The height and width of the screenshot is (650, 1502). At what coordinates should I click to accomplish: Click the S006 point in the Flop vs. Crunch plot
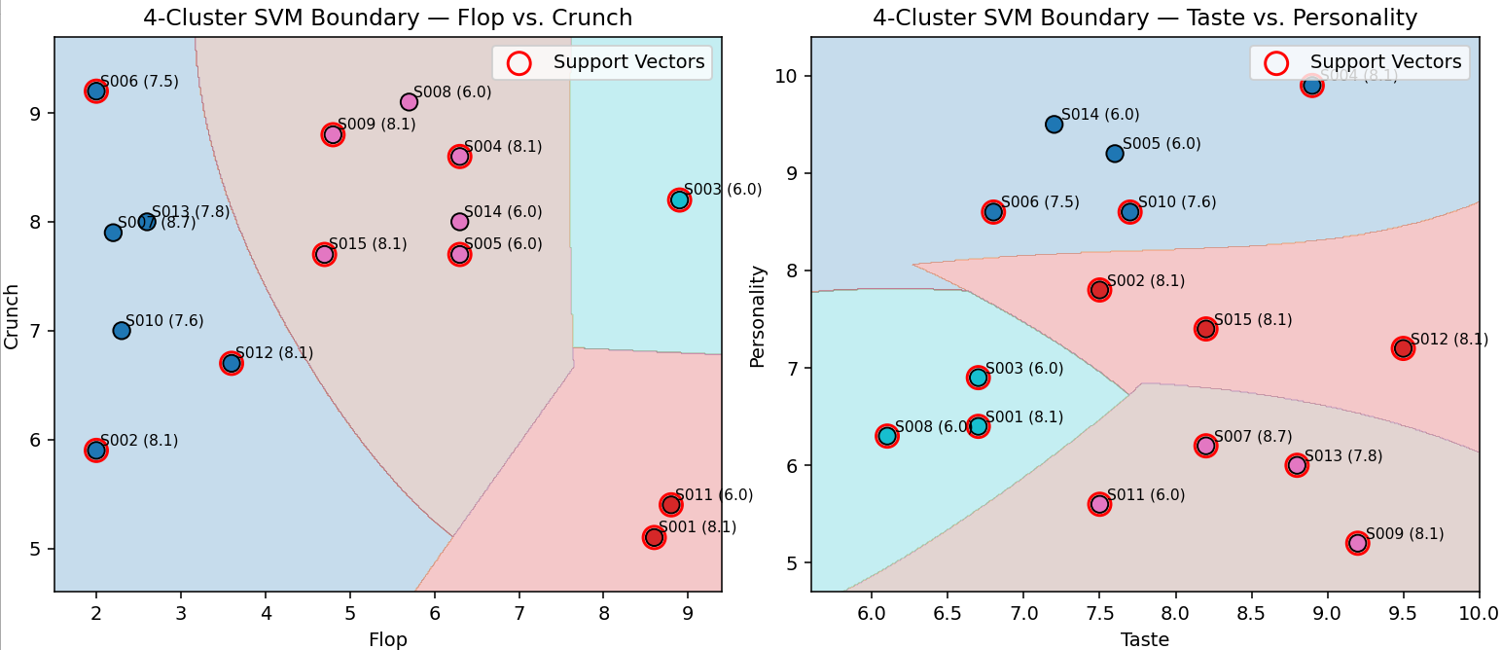95,91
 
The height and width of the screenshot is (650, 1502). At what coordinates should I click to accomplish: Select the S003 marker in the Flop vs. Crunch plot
679,199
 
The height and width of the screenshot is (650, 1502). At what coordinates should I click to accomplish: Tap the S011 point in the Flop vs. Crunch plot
670,504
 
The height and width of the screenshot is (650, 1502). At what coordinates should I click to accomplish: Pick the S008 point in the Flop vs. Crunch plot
409,102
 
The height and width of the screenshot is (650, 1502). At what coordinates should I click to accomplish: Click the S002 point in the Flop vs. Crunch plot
95,450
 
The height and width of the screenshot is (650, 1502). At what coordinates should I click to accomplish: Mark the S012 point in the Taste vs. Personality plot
1403,348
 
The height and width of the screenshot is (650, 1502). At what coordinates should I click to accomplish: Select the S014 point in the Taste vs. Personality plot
1054,125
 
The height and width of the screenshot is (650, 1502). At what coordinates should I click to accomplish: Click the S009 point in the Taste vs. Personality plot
1357,543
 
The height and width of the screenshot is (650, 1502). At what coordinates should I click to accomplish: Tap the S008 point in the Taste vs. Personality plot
886,436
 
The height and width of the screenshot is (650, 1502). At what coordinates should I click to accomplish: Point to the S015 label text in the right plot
1253,319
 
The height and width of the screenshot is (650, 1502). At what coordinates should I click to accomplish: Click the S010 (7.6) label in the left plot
164,321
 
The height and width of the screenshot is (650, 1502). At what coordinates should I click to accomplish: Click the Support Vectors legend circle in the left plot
519,63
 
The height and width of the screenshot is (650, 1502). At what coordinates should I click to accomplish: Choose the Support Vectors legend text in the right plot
1385,62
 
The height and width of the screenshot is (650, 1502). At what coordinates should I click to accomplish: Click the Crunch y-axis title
12,316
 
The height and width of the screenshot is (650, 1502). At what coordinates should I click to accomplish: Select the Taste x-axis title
1145,639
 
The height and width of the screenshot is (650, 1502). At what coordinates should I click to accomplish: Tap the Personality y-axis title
757,316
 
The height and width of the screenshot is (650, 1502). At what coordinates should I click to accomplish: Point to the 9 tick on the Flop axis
688,611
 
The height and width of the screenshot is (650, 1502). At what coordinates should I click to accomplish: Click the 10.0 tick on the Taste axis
1479,611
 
